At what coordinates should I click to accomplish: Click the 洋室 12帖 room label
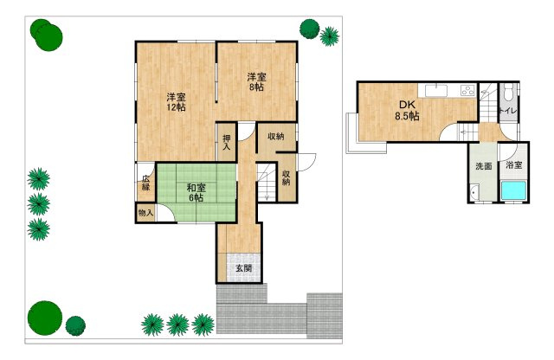coord(176,102)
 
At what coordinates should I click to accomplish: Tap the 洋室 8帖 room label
coord(256,81)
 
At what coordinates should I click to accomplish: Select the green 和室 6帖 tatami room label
coord(196,192)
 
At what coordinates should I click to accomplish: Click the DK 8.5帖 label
coord(407,110)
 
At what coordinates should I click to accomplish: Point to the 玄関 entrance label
coord(244,268)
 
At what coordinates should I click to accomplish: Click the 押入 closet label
coord(227,142)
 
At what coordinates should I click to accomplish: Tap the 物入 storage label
coord(145,213)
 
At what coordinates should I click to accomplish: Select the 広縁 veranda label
coord(146,183)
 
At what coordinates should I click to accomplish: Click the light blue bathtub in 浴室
coord(513,190)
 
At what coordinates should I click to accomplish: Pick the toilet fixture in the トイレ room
coord(508,92)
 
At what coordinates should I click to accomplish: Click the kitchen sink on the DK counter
coord(436,90)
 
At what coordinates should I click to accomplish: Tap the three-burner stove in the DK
coord(467,91)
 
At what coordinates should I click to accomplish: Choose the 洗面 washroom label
coord(483,165)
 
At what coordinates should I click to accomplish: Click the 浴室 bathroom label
coord(513,164)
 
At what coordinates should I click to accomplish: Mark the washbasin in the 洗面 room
coord(474,192)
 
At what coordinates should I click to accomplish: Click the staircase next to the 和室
coord(267,183)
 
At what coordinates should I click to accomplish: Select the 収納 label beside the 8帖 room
coord(276,136)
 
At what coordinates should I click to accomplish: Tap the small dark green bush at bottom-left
coord(75,325)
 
